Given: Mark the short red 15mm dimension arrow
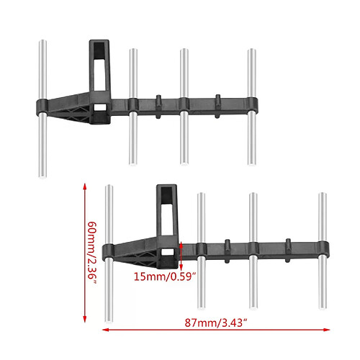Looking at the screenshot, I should (181, 251).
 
